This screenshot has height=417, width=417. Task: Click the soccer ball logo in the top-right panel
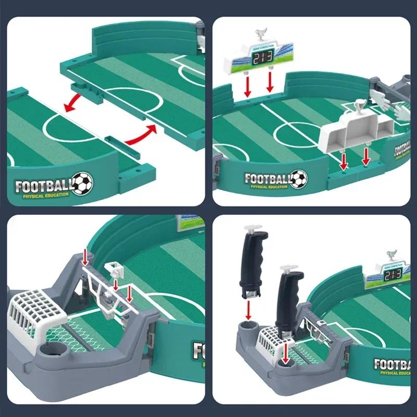coord(298,179)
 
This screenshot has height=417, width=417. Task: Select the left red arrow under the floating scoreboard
coord(248,85)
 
